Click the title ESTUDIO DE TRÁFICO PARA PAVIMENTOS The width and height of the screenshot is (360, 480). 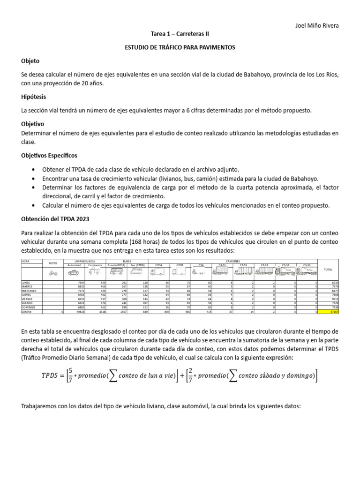(x=180, y=47)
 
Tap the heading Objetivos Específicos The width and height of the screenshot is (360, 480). (x=50, y=155)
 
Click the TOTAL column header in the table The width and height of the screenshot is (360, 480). (x=328, y=270)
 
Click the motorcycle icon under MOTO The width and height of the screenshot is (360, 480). (x=52, y=272)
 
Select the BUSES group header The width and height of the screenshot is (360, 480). (x=127, y=261)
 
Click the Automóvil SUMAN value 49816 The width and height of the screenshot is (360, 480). (x=79, y=311)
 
